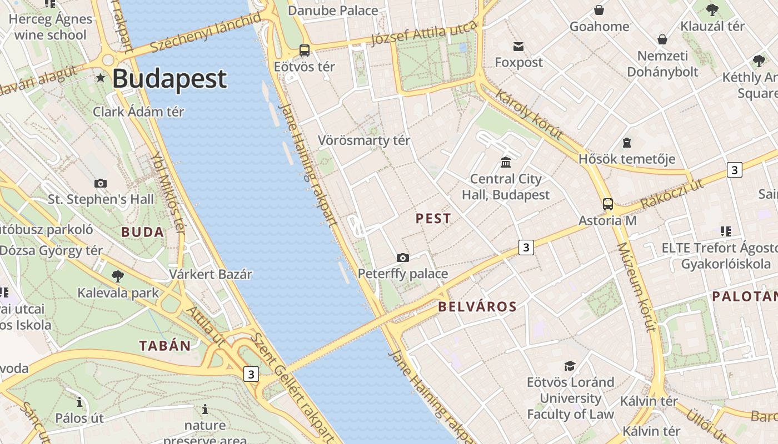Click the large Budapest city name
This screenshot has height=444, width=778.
click(x=169, y=79)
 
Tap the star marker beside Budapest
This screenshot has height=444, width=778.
click(x=101, y=78)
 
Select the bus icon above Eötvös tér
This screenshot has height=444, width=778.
click(x=305, y=51)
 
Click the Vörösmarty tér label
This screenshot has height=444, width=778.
click(x=364, y=140)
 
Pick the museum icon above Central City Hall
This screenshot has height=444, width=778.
click(x=506, y=162)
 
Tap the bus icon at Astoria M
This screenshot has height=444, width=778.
click(x=608, y=204)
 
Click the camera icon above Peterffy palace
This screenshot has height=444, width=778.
click(x=403, y=258)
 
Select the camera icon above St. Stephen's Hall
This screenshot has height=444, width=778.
click(x=101, y=183)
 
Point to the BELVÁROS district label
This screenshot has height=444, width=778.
click(x=477, y=306)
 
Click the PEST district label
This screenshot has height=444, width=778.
click(x=433, y=219)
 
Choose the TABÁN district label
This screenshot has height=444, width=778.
click(x=165, y=346)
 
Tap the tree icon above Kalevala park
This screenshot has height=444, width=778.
click(x=118, y=276)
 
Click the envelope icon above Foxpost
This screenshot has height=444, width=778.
click(x=518, y=46)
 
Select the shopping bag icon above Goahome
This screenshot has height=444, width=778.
click(x=599, y=10)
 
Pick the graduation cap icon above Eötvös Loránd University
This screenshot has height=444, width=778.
click(x=570, y=366)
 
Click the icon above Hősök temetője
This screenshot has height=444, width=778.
click(x=627, y=143)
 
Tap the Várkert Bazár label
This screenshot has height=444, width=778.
click(x=211, y=274)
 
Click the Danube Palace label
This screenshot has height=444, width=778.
click(x=333, y=11)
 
